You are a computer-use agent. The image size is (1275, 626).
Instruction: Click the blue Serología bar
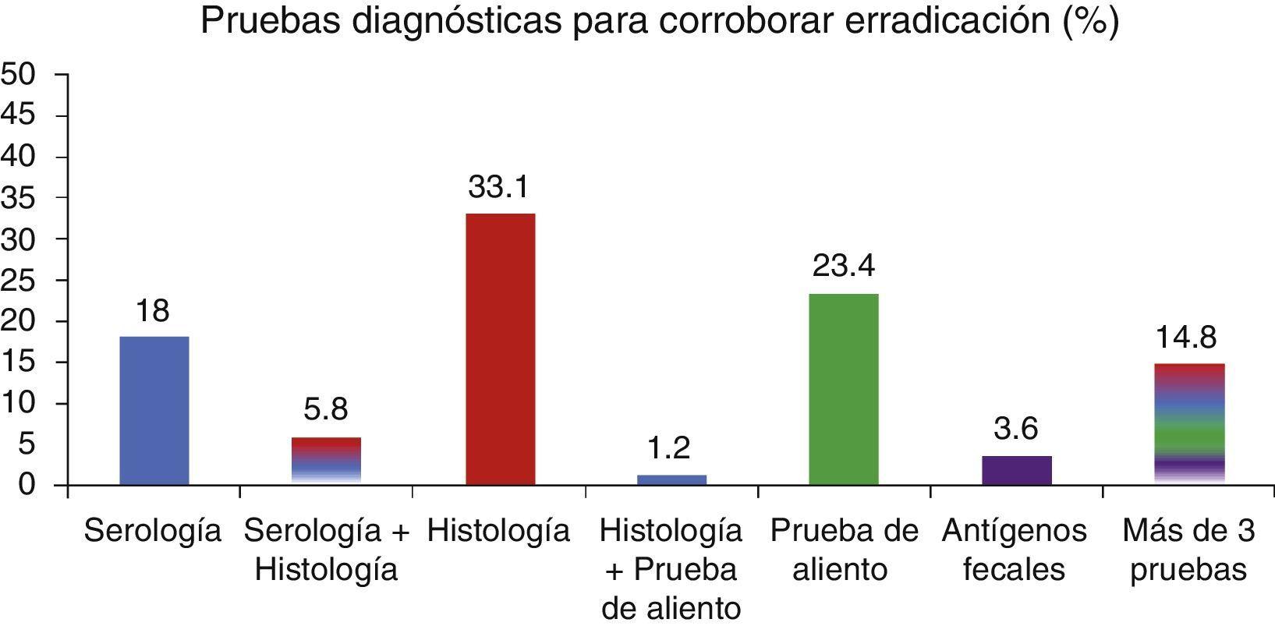pos(154,411)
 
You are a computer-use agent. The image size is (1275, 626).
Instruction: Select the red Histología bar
pos(500,349)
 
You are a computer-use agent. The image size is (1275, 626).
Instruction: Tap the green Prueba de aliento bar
pos(843,389)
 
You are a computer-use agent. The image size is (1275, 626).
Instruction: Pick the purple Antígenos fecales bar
pos(1016,470)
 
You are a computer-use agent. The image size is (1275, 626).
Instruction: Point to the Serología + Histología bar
pos(326,461)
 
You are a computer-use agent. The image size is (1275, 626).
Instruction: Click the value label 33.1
pos(499,188)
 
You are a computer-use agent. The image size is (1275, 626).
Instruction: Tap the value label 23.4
pos(844,267)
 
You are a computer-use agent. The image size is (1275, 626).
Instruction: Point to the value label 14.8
pos(1187,338)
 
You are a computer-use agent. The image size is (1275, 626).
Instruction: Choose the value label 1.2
pos(669,448)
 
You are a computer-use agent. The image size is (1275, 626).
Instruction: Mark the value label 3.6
pos(1015,429)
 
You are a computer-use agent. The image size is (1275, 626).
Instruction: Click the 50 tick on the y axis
pos(19,75)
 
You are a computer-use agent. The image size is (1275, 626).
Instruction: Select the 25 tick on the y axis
pos(19,281)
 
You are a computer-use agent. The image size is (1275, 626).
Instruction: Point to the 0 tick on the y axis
pos(27,486)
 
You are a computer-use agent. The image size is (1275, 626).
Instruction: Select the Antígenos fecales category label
pos(1014,550)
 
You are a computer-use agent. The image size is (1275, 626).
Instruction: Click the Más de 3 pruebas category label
pos(1188,550)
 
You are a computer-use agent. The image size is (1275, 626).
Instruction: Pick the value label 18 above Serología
pos(152,311)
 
